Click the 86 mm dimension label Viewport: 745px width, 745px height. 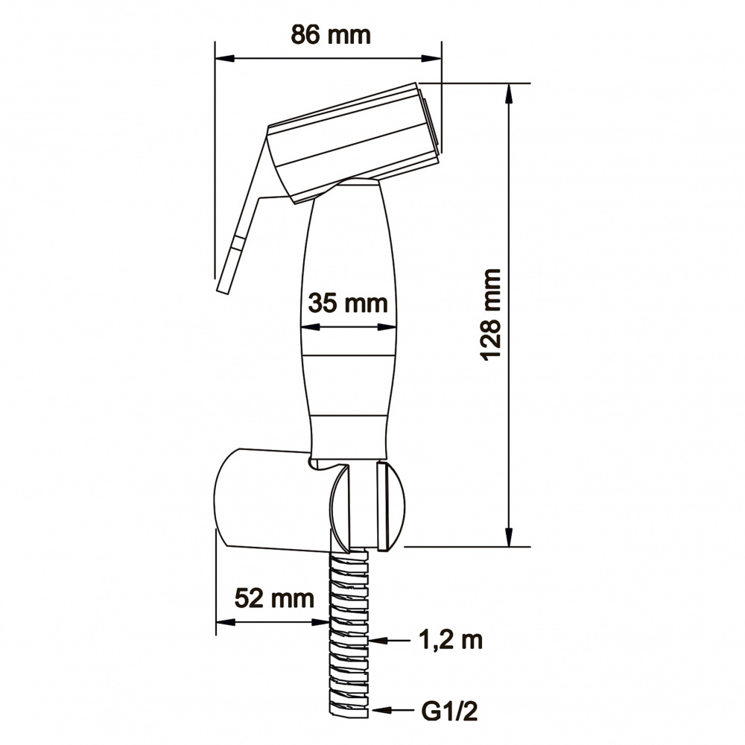coord(331,35)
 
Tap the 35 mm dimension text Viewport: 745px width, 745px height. coord(348,303)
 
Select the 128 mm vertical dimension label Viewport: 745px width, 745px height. coord(491,314)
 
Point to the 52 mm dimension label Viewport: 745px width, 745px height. coord(274,597)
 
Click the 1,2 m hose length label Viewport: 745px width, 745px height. coord(451,640)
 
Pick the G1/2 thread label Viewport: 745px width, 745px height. coord(449,711)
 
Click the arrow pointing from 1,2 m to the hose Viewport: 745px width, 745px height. coord(389,641)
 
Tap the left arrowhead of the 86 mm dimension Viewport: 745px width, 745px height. coord(225,58)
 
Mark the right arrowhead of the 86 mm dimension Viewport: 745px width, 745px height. coord(431,58)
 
